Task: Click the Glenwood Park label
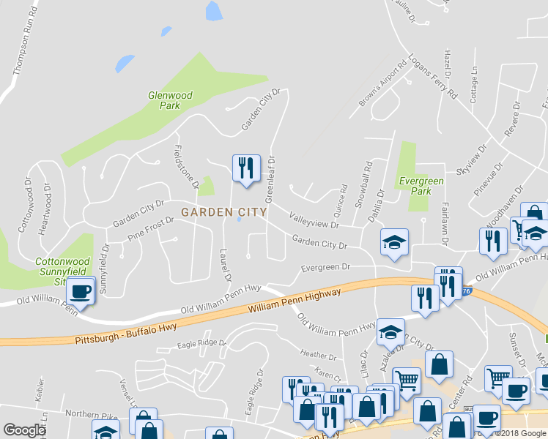coord(170,100)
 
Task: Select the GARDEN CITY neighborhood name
coord(223,212)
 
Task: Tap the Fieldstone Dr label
coord(185,166)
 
